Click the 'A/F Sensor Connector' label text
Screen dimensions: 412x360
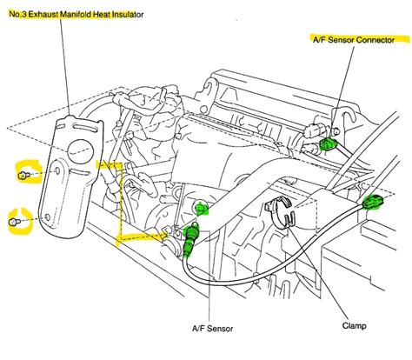tap(354, 40)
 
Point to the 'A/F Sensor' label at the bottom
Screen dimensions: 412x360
tap(212, 329)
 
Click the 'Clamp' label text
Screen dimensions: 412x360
tap(354, 325)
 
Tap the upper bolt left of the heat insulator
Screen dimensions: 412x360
tap(23, 175)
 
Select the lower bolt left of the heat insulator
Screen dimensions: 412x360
tap(15, 222)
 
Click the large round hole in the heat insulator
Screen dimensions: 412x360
tap(80, 151)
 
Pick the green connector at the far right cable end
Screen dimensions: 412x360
tap(373, 202)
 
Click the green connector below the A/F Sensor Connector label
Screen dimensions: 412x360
tap(328, 143)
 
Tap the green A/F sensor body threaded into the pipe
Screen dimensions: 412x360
tap(189, 238)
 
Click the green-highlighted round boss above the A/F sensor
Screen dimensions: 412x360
tap(201, 208)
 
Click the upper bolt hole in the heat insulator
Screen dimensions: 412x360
tap(57, 170)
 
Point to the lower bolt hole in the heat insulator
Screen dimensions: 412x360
tap(48, 217)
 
